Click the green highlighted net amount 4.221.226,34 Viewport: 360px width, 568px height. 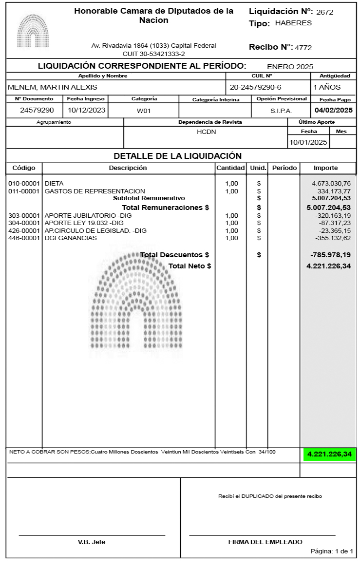pyautogui.click(x=329, y=454)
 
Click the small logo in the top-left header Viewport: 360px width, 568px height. pyautogui.click(x=33, y=30)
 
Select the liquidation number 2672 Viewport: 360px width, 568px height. pyautogui.click(x=324, y=12)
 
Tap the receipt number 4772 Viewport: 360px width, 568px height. pyautogui.click(x=303, y=48)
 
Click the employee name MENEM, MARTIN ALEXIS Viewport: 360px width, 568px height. pyautogui.click(x=53, y=87)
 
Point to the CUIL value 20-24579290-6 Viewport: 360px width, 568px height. pyautogui.click(x=256, y=87)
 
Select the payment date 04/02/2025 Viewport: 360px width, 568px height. pyautogui.click(x=333, y=110)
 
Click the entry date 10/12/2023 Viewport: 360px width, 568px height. pyautogui.click(x=87, y=110)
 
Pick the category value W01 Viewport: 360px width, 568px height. pyautogui.click(x=144, y=111)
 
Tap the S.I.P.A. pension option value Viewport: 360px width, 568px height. pyautogui.click(x=281, y=111)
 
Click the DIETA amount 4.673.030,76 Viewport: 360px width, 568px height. pyautogui.click(x=331, y=183)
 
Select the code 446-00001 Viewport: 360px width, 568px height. pyautogui.click(x=24, y=238)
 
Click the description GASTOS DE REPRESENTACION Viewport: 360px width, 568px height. pyautogui.click(x=95, y=191)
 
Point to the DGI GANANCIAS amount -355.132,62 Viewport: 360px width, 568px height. pyautogui.click(x=333, y=238)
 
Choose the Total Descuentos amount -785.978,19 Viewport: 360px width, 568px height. pyautogui.click(x=330, y=255)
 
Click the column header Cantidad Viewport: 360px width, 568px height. pyautogui.click(x=230, y=168)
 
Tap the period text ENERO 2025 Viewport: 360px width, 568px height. pyautogui.click(x=290, y=67)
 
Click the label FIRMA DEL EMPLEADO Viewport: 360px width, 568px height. pyautogui.click(x=265, y=542)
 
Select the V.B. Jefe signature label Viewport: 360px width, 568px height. pyautogui.click(x=92, y=542)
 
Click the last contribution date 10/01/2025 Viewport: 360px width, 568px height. pyautogui.click(x=308, y=142)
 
